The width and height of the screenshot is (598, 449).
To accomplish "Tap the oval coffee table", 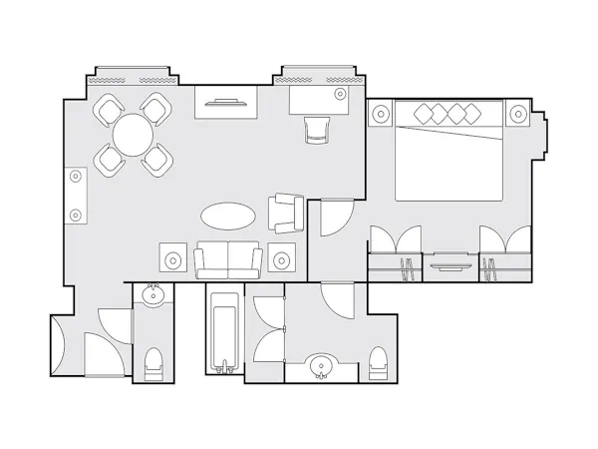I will coord(227,215).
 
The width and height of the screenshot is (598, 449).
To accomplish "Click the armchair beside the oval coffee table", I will coord(285,211).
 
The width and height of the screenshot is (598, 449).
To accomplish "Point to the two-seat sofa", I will coord(228,259).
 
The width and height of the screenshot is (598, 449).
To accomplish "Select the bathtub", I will coord(224,329).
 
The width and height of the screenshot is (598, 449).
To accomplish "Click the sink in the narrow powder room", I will coord(153,296).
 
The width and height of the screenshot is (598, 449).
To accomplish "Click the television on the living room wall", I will coord(229,101).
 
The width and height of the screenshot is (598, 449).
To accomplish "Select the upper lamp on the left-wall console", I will coord(76,178).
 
